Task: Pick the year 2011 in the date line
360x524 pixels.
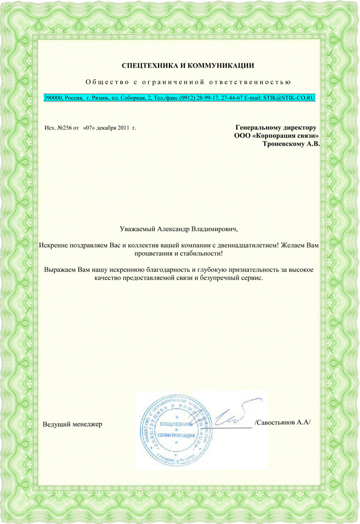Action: coord(124,128)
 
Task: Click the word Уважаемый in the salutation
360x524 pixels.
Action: coord(138,229)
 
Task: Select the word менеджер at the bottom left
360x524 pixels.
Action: coord(87,424)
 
